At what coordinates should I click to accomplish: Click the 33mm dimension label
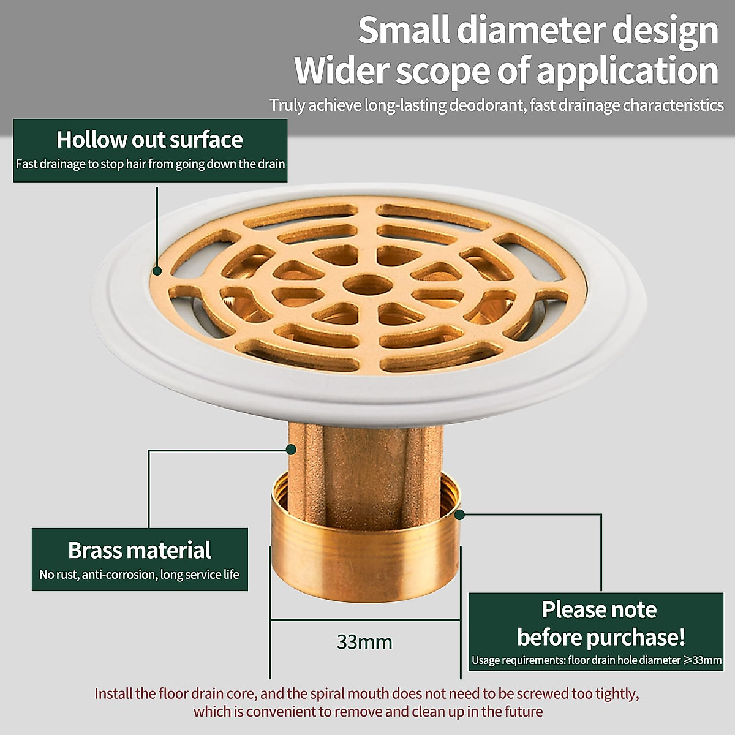coord(364,642)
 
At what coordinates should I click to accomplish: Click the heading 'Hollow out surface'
coord(150,140)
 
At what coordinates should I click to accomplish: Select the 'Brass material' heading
coord(140,550)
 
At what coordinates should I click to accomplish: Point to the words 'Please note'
coord(599,609)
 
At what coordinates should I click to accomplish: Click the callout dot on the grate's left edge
coord(157,270)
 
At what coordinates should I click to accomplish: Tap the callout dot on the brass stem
coord(292,450)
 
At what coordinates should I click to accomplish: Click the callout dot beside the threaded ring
coord(460,515)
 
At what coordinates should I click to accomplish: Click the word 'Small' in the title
coord(404,30)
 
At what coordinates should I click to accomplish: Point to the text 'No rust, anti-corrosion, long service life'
coord(140,575)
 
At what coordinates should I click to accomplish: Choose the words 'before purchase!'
coord(601,637)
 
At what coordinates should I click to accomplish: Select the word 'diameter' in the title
coord(548,30)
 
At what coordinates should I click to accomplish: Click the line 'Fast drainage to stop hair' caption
coord(150,164)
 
